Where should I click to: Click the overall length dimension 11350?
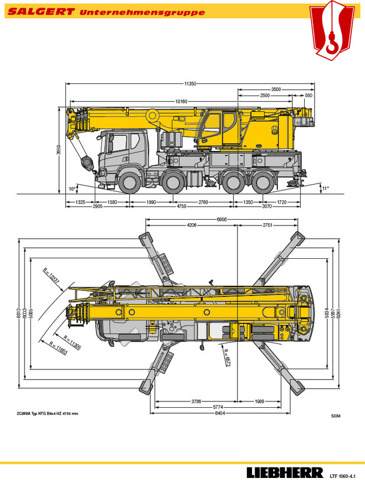click(190, 83)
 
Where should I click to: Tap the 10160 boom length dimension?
click(181, 101)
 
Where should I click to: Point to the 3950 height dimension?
click(59, 150)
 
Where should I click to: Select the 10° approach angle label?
click(72, 189)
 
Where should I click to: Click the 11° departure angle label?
click(325, 188)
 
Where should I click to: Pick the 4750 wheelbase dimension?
click(181, 206)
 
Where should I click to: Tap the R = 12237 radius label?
click(51, 276)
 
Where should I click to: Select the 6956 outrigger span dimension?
click(222, 220)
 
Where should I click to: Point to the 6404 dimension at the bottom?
click(220, 413)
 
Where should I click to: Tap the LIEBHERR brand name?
click(285, 473)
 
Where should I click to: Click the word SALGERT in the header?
click(41, 12)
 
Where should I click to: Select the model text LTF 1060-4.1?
click(342, 476)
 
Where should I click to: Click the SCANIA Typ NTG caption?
click(47, 414)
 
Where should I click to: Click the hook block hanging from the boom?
click(87, 163)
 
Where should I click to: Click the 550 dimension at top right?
click(308, 95)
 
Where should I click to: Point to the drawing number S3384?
click(336, 416)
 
